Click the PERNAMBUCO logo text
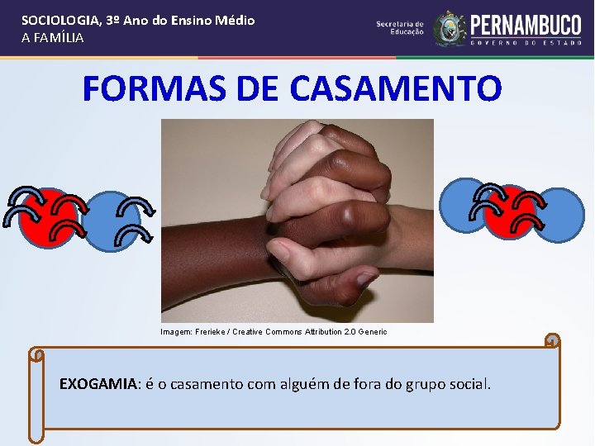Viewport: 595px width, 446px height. [x=526, y=24]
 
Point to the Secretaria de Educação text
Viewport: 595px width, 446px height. [x=400, y=28]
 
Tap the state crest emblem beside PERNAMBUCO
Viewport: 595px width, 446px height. [x=450, y=29]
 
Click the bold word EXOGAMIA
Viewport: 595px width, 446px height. [x=98, y=384]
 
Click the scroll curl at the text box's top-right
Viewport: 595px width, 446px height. [x=553, y=340]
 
